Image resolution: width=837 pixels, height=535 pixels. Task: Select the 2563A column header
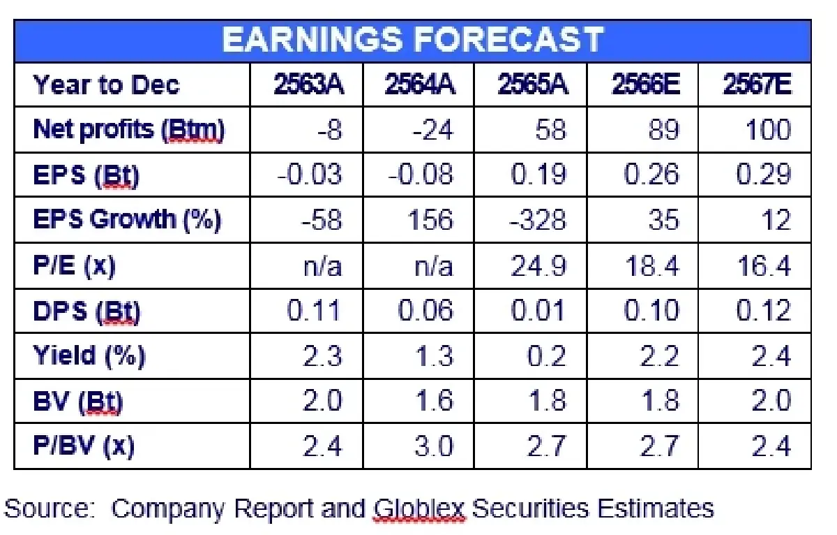(308, 85)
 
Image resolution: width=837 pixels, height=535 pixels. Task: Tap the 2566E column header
(646, 85)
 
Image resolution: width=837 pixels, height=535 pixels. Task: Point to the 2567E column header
(757, 85)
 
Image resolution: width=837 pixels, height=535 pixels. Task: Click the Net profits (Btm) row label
(128, 130)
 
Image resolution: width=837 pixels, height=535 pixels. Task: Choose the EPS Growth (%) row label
(127, 219)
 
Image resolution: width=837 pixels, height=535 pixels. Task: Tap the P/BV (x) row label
(83, 446)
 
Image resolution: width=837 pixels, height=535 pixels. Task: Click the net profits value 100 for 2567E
(768, 130)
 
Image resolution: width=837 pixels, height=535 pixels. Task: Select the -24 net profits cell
(433, 130)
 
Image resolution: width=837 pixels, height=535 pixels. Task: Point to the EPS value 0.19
(538, 175)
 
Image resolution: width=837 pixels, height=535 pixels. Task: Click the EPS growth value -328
(538, 219)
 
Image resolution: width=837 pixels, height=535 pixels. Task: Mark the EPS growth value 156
(430, 219)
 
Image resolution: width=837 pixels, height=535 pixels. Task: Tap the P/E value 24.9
(538, 266)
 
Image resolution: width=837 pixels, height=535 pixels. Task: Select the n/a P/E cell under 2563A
(322, 266)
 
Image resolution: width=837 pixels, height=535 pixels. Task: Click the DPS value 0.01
(538, 310)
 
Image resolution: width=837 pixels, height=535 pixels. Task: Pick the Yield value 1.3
(435, 356)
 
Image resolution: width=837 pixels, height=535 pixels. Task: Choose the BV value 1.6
(435, 400)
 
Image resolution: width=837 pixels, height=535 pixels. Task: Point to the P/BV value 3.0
(433, 446)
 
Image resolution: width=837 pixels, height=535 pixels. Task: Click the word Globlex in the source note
(419, 509)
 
